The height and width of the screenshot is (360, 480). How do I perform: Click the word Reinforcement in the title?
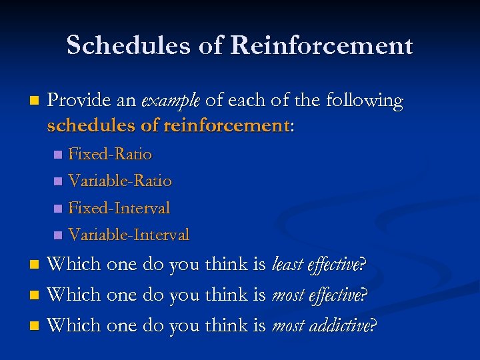[x=321, y=45]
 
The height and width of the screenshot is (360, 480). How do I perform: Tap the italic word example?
[x=170, y=101]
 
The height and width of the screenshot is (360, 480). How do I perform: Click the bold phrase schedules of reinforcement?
[x=169, y=125]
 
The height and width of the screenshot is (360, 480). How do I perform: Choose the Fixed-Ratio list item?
[x=110, y=155]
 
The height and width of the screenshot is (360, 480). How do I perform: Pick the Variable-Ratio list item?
[x=120, y=181]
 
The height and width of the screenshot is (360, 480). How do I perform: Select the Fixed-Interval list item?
[x=119, y=208]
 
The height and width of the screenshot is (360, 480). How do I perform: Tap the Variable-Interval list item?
[x=129, y=235]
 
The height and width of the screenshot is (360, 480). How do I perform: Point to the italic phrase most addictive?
[x=321, y=325]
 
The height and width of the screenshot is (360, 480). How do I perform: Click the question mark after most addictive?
[x=373, y=325]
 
